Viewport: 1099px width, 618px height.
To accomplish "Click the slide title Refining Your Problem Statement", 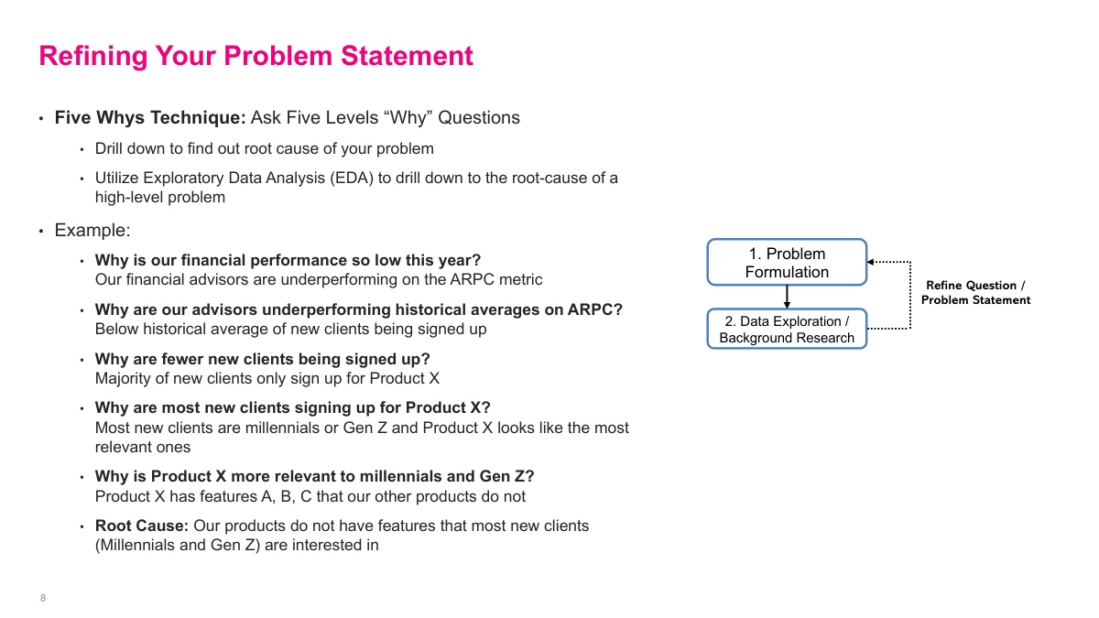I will [x=256, y=56].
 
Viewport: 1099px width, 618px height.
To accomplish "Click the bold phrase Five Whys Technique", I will [x=149, y=118].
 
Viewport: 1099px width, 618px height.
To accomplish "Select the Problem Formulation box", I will [x=786, y=263].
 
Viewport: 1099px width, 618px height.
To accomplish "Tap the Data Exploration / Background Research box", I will [x=786, y=330].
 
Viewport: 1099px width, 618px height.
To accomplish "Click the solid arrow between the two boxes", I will [x=787, y=297].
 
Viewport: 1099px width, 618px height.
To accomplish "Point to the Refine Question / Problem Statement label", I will [x=975, y=293].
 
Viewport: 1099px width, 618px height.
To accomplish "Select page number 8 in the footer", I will [x=43, y=599].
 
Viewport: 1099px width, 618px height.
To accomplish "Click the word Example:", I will [x=92, y=231].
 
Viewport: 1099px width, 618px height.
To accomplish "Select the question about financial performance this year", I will [x=288, y=261].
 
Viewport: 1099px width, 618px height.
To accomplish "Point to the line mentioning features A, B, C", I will [x=310, y=497].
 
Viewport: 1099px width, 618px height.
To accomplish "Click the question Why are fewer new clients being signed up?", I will [x=262, y=359].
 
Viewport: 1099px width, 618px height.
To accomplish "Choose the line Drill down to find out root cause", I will [x=265, y=148].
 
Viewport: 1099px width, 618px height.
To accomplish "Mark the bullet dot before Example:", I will [x=41, y=232].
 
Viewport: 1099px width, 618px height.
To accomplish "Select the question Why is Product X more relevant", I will [x=314, y=477].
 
